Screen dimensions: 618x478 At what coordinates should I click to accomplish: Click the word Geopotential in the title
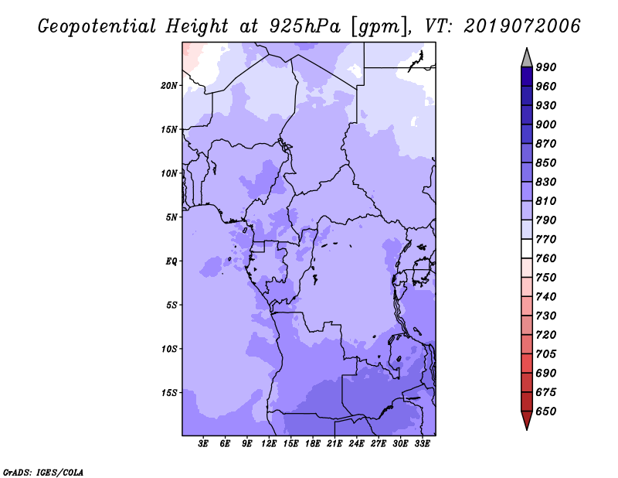point(97,27)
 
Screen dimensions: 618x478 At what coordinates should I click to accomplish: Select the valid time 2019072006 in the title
point(522,26)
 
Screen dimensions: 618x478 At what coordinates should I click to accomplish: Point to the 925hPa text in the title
point(304,26)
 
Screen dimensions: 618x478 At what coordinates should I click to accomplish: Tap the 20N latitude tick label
point(169,86)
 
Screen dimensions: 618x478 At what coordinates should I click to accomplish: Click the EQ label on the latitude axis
point(171,261)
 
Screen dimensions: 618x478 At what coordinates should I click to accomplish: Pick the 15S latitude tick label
point(169,393)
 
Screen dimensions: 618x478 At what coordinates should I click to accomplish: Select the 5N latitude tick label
point(171,217)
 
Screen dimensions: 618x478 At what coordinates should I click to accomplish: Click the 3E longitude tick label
point(203,444)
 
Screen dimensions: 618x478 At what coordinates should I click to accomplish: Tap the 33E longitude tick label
point(422,444)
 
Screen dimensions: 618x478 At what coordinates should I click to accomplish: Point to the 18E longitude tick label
point(313,444)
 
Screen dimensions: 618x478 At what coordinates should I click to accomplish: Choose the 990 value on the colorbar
point(546,67)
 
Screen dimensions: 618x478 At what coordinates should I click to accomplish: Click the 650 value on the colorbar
point(546,411)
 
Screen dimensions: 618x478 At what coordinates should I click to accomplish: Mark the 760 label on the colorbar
point(546,258)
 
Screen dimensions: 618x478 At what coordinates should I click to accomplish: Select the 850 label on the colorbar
point(546,162)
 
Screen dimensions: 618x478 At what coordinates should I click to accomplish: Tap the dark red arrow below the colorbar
point(527,418)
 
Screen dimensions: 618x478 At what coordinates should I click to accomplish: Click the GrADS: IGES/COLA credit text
point(43,473)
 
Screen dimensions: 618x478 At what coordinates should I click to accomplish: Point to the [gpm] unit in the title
point(379,27)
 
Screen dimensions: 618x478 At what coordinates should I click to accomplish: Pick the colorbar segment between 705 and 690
point(527,364)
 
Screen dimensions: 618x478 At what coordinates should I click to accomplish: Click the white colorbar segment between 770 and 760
point(527,249)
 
